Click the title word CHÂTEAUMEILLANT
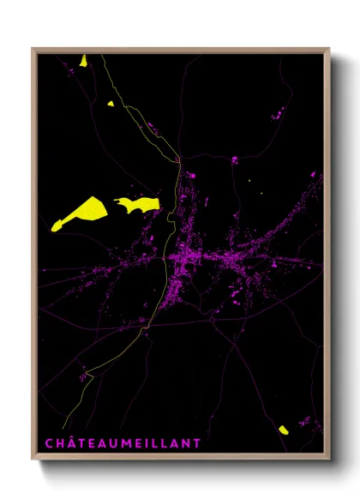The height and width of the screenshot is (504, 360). pos(123,443)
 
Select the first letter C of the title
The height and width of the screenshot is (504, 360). pos(49,443)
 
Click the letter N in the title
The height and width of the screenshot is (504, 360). pos(185,443)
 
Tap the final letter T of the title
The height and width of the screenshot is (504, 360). pos(197,443)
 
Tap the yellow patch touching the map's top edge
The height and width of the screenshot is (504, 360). pos(83,60)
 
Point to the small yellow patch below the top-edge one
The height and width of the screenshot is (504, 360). pos(111,104)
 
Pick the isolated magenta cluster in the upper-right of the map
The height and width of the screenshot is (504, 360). pos(277,112)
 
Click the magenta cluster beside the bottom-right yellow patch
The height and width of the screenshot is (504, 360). pos(304,421)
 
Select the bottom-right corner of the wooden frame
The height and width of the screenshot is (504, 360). pos(329,461)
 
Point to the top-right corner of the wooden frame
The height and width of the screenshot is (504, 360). pos(329,49)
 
